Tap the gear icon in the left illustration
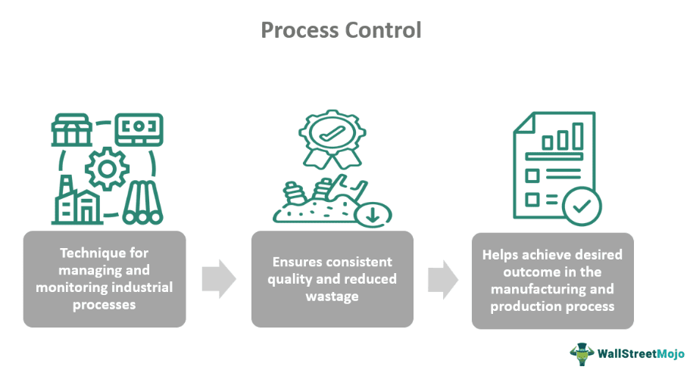click(x=105, y=169)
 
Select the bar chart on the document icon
click(x=561, y=138)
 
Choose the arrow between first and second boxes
click(x=218, y=279)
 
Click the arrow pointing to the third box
click(x=443, y=279)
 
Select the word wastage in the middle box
click(x=332, y=297)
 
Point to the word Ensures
click(x=297, y=262)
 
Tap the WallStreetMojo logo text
click(x=640, y=353)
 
